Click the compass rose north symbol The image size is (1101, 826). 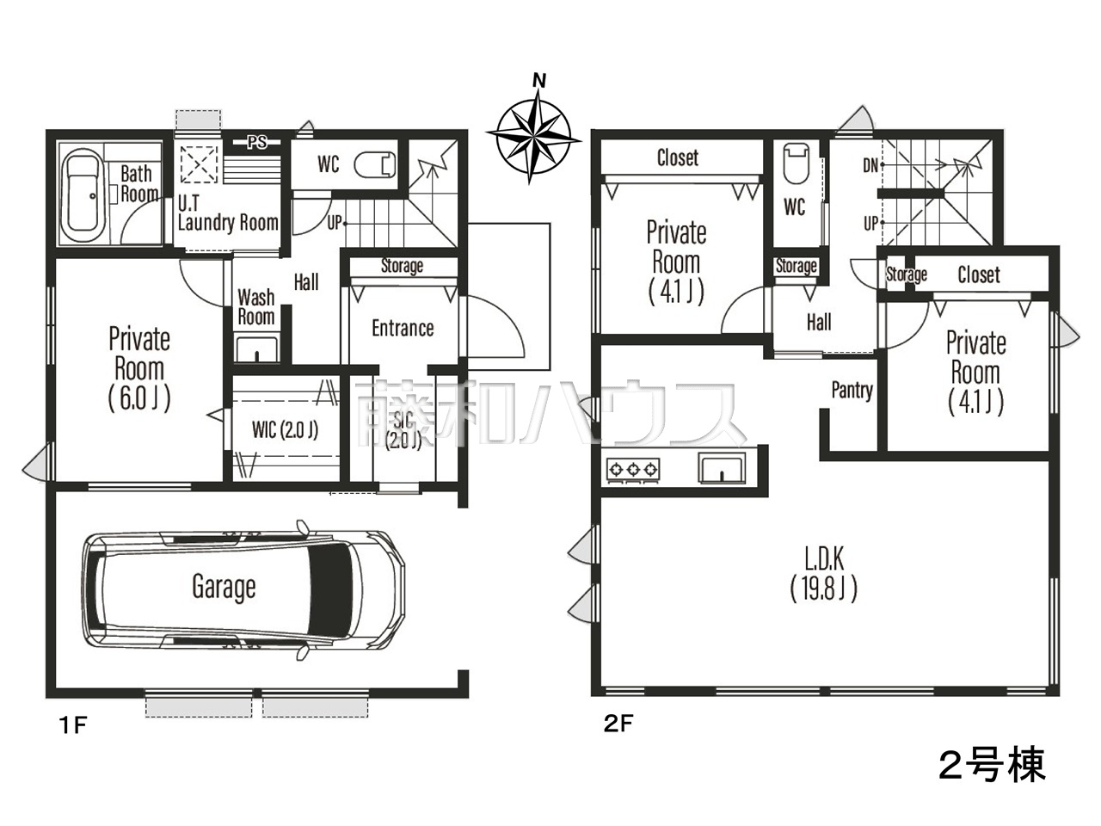click(x=534, y=132)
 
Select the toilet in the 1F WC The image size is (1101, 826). click(x=375, y=164)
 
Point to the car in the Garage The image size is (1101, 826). click(x=243, y=589)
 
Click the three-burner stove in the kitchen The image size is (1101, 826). click(x=632, y=470)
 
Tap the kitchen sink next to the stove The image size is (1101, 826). click(x=722, y=468)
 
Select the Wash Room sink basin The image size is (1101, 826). click(x=256, y=349)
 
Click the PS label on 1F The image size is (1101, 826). click(x=257, y=143)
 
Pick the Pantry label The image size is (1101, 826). click(x=852, y=390)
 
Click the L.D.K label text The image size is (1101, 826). click(x=824, y=558)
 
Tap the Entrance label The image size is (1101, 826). click(x=403, y=329)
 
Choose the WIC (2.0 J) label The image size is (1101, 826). click(x=285, y=430)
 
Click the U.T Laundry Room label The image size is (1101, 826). click(x=228, y=213)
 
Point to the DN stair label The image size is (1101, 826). click(x=870, y=165)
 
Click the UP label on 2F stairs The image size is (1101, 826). click(x=870, y=223)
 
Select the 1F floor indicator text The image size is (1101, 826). click(x=73, y=725)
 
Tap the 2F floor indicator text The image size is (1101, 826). click(x=618, y=724)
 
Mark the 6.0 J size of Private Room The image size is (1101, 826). click(x=139, y=398)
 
